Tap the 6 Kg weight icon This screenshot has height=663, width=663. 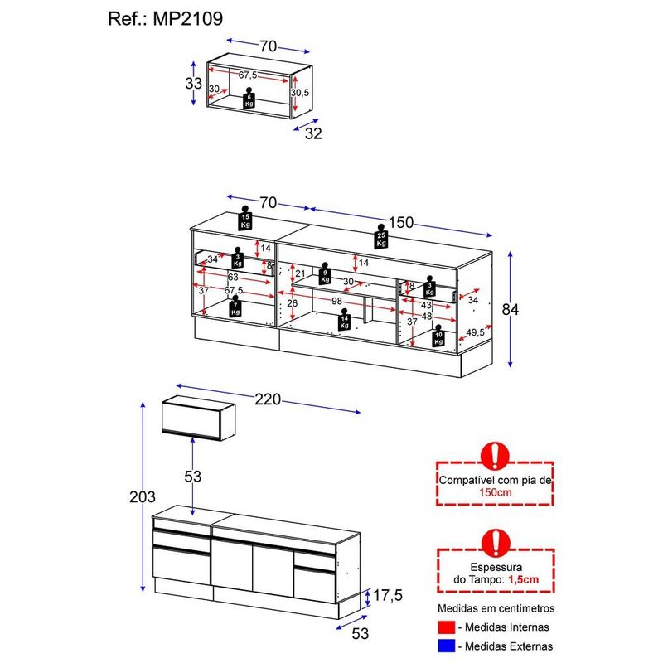248,101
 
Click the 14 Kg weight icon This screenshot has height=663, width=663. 344,320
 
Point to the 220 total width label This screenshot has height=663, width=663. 269,399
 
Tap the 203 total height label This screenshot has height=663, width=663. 143,497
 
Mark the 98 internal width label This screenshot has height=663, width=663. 338,302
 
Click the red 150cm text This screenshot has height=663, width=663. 495,491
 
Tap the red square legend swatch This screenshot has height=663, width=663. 448,627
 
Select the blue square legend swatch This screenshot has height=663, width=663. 448,646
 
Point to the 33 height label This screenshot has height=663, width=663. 193,84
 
